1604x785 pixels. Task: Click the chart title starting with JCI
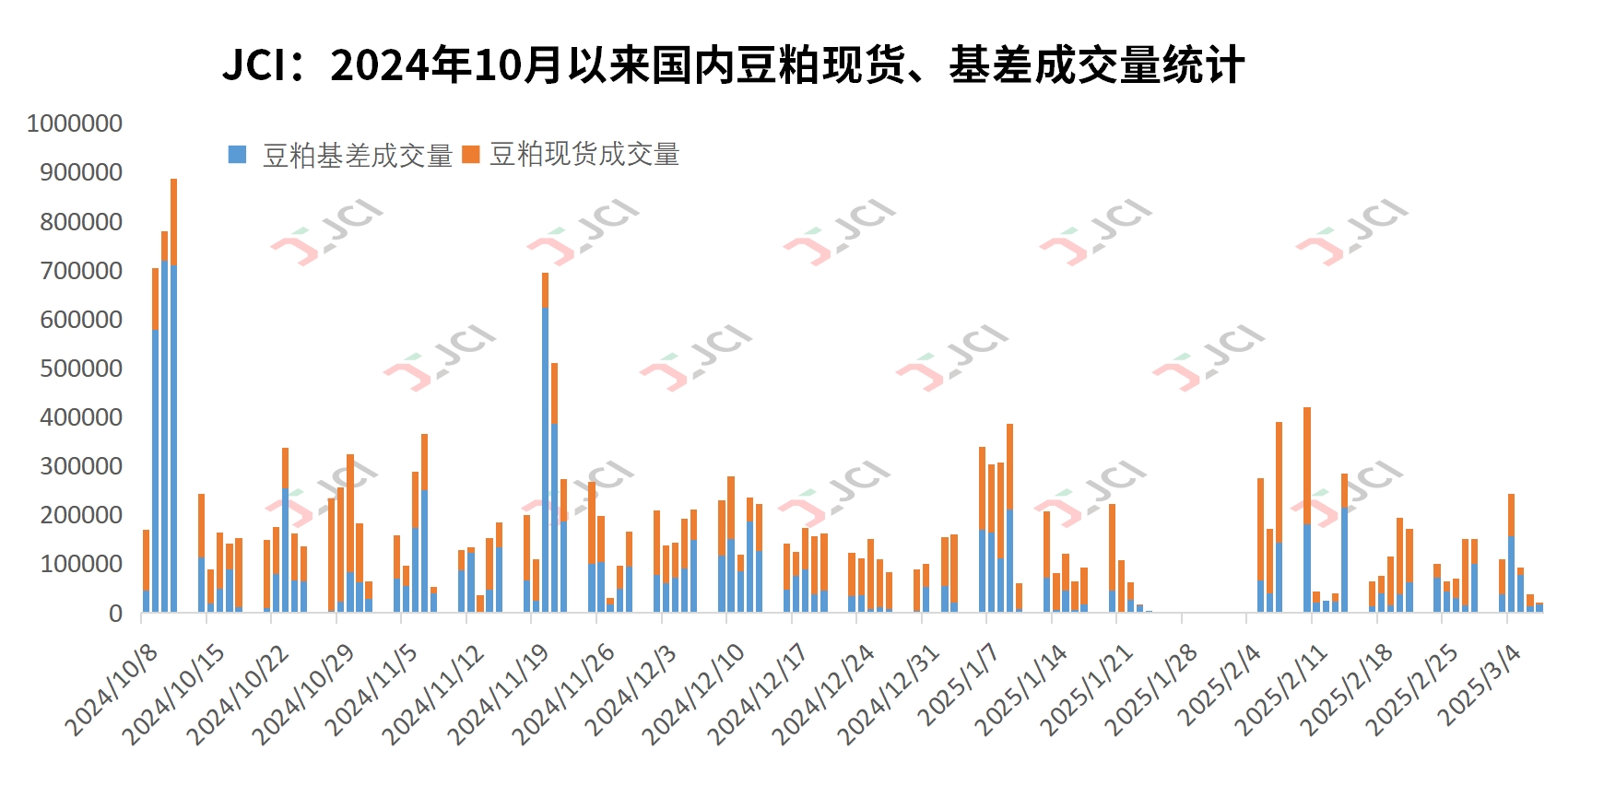733,65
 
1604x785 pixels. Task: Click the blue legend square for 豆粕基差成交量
238,155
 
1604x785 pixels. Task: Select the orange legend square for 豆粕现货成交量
471,155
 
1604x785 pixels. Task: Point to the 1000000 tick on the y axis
75,123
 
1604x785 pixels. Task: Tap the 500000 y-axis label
81,369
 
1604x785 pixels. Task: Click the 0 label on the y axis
115,614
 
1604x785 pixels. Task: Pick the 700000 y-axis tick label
81,271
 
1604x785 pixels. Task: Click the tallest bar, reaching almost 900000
173,396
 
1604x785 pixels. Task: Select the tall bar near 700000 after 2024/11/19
545,442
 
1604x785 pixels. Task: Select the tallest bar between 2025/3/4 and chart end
1511,553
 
